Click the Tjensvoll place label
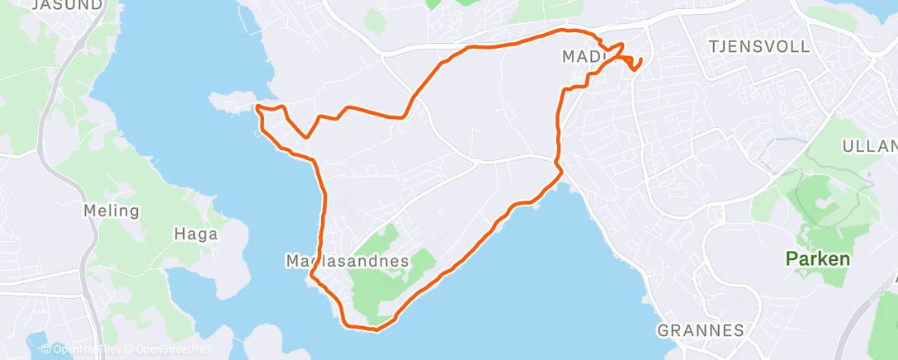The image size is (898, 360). pos(759,46)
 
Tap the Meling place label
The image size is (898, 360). pos(111,211)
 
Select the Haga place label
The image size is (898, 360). pos(196,234)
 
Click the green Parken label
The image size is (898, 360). pos(817,259)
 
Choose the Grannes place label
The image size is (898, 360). pos(700,330)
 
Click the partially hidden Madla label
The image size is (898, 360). pos(583,57)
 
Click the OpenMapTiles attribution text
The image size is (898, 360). pos(82,350)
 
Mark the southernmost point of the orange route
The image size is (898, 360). pos(376,330)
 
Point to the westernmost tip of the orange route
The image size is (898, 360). pos(258,107)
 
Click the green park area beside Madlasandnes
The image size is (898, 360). pos(388,285)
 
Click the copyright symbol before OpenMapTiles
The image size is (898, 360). pos(45,350)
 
